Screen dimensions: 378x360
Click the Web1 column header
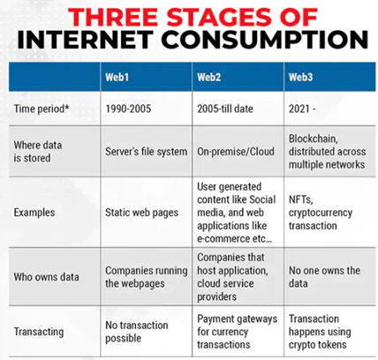117,77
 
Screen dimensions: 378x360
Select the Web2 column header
208,77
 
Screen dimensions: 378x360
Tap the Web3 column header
300,77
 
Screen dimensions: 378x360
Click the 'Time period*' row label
42,109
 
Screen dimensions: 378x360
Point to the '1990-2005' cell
128,109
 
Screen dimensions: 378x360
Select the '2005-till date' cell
225,109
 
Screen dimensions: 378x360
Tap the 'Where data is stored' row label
38,152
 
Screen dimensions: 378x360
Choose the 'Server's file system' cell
147,152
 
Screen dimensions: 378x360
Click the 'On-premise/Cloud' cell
236,152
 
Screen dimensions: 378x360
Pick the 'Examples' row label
34,213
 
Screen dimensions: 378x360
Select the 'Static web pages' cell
141,213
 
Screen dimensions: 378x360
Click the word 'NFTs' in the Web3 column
300,199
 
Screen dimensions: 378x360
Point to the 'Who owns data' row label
46,277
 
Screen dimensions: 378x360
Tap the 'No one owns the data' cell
324,277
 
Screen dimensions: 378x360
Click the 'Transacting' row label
39,332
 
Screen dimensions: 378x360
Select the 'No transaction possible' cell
137,332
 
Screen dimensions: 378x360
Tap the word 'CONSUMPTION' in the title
264,40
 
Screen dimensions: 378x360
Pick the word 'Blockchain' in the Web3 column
313,139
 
